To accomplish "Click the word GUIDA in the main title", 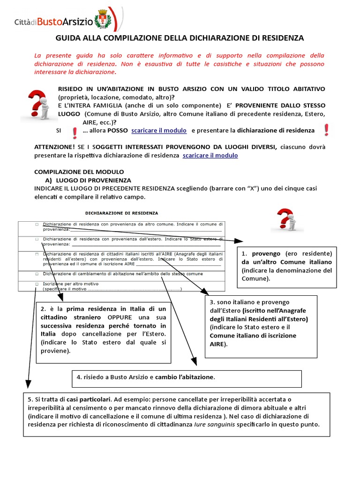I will click(x=68, y=38).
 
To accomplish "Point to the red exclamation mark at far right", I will click(x=326, y=130).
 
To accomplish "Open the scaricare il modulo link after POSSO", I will click(x=159, y=130).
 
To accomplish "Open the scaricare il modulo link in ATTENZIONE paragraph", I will click(x=210, y=155).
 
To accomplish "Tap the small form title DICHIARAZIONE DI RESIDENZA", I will click(x=121, y=213).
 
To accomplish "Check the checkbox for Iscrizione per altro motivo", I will click(x=37, y=284).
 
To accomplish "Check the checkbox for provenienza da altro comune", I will click(x=37, y=225).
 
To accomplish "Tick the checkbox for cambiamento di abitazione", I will click(x=37, y=273).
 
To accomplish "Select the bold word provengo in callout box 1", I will click(x=266, y=254).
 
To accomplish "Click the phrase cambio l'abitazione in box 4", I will click(x=185, y=377).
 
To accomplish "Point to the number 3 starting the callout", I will click(x=212, y=302).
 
